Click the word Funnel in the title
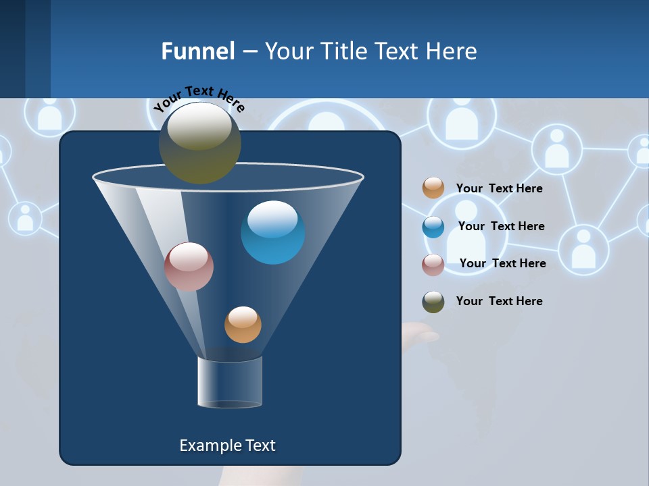198,51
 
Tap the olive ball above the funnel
200,142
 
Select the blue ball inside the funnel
272,232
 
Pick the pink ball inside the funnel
189,267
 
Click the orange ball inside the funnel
243,325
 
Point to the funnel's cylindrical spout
230,382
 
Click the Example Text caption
227,446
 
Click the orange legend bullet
433,188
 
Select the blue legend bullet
433,227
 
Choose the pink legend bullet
433,265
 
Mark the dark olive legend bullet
433,302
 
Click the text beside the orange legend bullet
499,188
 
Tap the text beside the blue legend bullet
501,226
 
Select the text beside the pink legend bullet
502,263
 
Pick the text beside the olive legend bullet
499,301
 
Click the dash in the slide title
249,52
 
